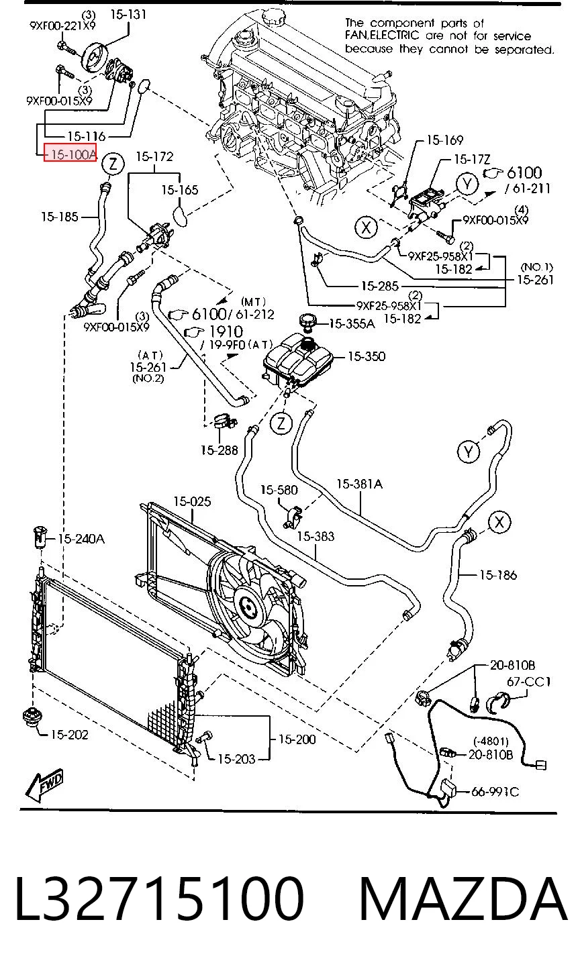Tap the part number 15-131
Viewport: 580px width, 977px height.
point(128,15)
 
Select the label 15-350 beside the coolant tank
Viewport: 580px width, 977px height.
point(367,356)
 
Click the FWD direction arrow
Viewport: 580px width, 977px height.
point(44,786)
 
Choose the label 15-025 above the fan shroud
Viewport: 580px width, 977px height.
point(192,502)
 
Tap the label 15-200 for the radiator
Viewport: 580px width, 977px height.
point(297,739)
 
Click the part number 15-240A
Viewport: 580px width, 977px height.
point(81,539)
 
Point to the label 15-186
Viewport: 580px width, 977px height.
point(498,575)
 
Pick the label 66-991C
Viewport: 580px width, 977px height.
point(495,791)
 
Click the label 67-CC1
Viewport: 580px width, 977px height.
point(529,681)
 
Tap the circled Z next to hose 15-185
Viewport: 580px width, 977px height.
point(113,164)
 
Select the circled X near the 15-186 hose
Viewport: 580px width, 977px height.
point(499,522)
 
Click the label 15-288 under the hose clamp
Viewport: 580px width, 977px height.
point(219,450)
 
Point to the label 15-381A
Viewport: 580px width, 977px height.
point(360,484)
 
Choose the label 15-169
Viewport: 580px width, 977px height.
point(444,140)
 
